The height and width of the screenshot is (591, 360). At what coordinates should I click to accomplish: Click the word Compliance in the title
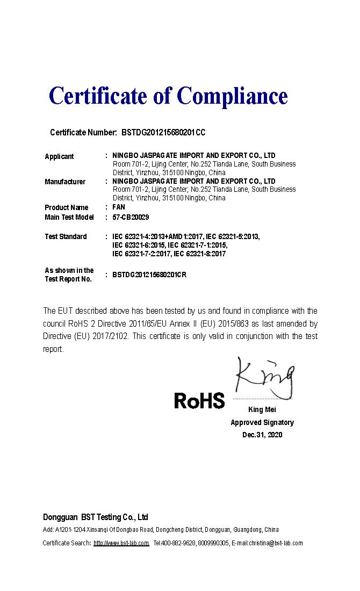[232, 96]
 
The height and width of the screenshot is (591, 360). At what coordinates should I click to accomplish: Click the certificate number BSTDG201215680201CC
[164, 132]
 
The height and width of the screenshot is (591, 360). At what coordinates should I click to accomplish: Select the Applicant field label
[59, 156]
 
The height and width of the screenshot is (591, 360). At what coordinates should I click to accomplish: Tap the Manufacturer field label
[65, 182]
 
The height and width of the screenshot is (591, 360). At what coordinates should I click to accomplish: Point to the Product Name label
[66, 207]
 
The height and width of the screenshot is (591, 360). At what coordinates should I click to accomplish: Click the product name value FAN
[119, 207]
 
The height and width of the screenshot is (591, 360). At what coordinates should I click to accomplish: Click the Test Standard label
[66, 236]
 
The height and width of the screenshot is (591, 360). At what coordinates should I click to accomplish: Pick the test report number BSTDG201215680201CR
[149, 275]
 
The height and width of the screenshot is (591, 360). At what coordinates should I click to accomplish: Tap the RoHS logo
[199, 400]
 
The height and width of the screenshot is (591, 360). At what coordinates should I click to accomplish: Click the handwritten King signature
[264, 376]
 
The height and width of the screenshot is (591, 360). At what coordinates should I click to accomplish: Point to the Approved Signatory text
[262, 422]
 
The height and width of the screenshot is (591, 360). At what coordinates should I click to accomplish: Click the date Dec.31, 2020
[262, 435]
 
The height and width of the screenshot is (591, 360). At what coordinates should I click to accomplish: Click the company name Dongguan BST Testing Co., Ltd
[96, 517]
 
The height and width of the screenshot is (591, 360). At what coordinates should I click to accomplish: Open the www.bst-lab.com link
[121, 543]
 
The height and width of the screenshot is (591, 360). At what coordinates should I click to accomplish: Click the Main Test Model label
[69, 217]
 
